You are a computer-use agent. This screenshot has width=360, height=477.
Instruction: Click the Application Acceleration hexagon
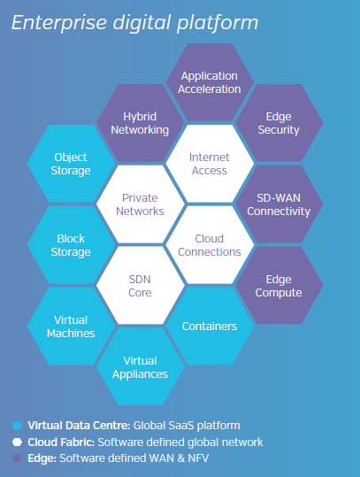click(210, 82)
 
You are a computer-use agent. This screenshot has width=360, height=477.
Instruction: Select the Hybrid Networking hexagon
click(140, 123)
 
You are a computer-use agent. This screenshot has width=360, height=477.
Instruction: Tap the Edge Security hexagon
click(279, 123)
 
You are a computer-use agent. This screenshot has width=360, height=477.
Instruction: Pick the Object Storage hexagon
click(71, 164)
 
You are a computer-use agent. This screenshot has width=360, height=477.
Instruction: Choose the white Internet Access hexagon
click(210, 164)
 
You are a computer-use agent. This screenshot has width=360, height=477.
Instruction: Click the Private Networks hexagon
click(140, 204)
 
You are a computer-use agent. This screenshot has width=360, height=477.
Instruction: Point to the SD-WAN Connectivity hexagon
click(279, 204)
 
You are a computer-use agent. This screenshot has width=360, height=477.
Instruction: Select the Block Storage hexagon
click(71, 245)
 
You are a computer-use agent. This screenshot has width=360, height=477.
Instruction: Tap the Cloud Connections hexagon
click(210, 245)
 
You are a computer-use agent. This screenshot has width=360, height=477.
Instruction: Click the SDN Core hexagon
click(140, 286)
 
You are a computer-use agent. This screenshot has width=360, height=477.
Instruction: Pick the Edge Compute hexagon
click(279, 286)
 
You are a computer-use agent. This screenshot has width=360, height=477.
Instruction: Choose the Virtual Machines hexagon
click(71, 326)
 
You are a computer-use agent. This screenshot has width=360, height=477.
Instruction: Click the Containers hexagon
click(210, 326)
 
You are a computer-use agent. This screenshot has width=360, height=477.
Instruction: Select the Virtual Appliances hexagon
click(140, 367)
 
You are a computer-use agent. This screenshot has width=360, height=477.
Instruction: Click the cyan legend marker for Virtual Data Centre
click(17, 426)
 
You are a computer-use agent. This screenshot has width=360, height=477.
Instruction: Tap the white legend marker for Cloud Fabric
click(17, 442)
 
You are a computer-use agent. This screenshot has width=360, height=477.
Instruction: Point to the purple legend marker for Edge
click(17, 458)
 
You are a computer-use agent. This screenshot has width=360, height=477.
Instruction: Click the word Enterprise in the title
click(59, 23)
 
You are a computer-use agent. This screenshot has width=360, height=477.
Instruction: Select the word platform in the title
click(218, 23)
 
